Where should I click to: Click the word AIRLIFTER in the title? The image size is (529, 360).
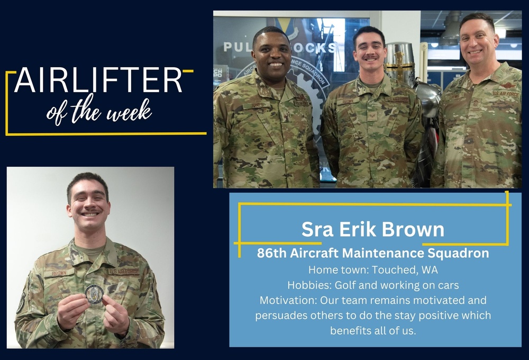pos(98,80)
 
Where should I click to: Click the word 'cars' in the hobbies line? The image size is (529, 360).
pos(447,285)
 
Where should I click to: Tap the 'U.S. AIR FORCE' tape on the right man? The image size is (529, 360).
pos(506,93)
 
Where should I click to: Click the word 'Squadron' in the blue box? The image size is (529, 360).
pos(459,254)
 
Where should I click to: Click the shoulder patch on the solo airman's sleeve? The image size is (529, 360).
pos(21,302)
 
